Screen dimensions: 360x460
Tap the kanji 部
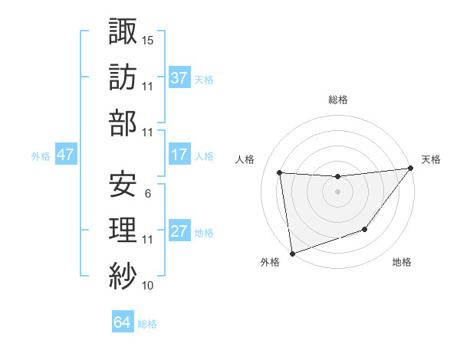123,122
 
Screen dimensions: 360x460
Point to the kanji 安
123,183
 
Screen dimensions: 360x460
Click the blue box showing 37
179,77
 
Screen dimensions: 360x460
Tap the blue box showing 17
179,155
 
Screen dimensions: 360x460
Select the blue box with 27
179,231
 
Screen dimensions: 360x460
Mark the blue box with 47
65,155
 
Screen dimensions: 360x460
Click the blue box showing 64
122,322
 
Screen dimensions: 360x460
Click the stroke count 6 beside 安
147,194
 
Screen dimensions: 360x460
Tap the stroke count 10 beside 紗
148,286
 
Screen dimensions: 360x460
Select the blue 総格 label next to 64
147,324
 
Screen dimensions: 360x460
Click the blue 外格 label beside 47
41,155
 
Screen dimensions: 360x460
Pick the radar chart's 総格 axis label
337,100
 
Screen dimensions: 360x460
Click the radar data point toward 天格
410,169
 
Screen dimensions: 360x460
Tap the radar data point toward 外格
292,253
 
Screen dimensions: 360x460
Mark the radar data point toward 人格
280,172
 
